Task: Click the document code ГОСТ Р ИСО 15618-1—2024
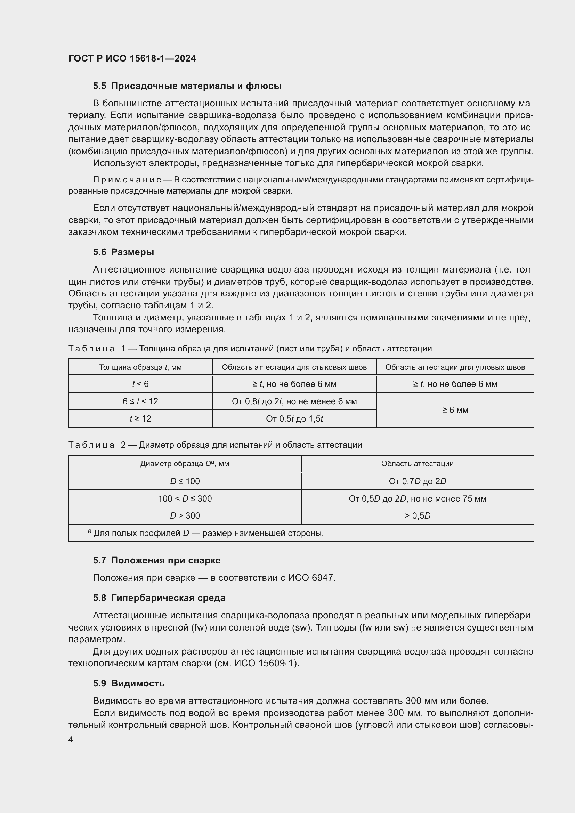coord(132,58)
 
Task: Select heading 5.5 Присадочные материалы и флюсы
coord(187,86)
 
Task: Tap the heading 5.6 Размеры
coord(123,252)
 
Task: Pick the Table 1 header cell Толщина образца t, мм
coord(140,367)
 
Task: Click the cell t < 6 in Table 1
coord(140,384)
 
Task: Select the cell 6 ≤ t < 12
coord(140,401)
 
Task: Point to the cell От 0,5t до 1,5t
coord(294,419)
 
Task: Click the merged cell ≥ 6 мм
coord(455,410)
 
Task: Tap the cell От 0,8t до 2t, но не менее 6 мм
coord(294,401)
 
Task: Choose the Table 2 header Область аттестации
coord(417,464)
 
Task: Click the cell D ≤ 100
coord(185,481)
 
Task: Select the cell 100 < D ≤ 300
coord(185,498)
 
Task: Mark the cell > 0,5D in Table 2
coord(417,515)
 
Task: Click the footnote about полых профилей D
coord(205,533)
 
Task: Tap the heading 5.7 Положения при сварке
coord(156,560)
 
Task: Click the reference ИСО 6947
coord(311,578)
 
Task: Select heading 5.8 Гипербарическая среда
coord(159,598)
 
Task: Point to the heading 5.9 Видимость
coord(129,683)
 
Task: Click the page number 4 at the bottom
coord(71,740)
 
